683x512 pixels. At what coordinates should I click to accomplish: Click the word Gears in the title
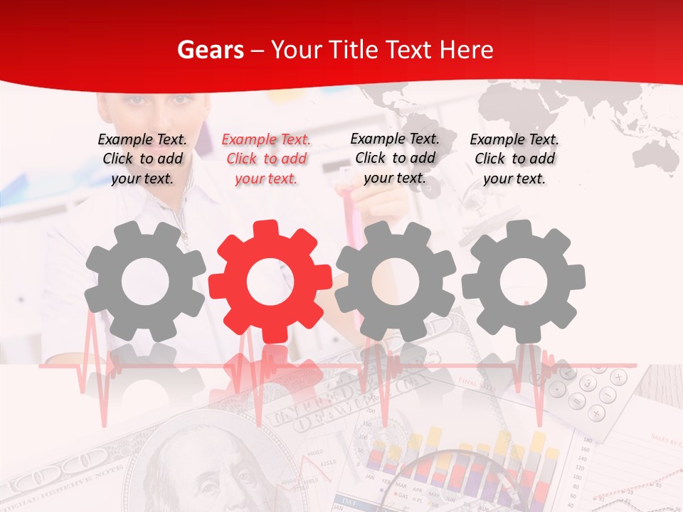coord(210,50)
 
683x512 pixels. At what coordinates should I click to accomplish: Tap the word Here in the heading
coord(467,50)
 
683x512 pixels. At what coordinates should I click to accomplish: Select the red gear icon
coord(270,282)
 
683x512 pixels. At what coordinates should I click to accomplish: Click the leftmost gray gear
coord(145,282)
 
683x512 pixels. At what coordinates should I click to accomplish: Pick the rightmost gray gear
coord(523,282)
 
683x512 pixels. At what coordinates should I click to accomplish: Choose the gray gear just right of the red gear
coord(396,282)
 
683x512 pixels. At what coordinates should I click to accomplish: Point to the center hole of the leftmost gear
coord(145,282)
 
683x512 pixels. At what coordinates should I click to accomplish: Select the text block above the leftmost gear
coord(143,159)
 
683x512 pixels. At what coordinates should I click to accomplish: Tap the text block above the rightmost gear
coord(514,159)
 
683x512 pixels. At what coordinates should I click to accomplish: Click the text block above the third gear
coord(395,158)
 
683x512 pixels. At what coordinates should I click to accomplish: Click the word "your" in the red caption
coord(249,178)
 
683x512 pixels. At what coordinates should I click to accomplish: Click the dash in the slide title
coord(258,50)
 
